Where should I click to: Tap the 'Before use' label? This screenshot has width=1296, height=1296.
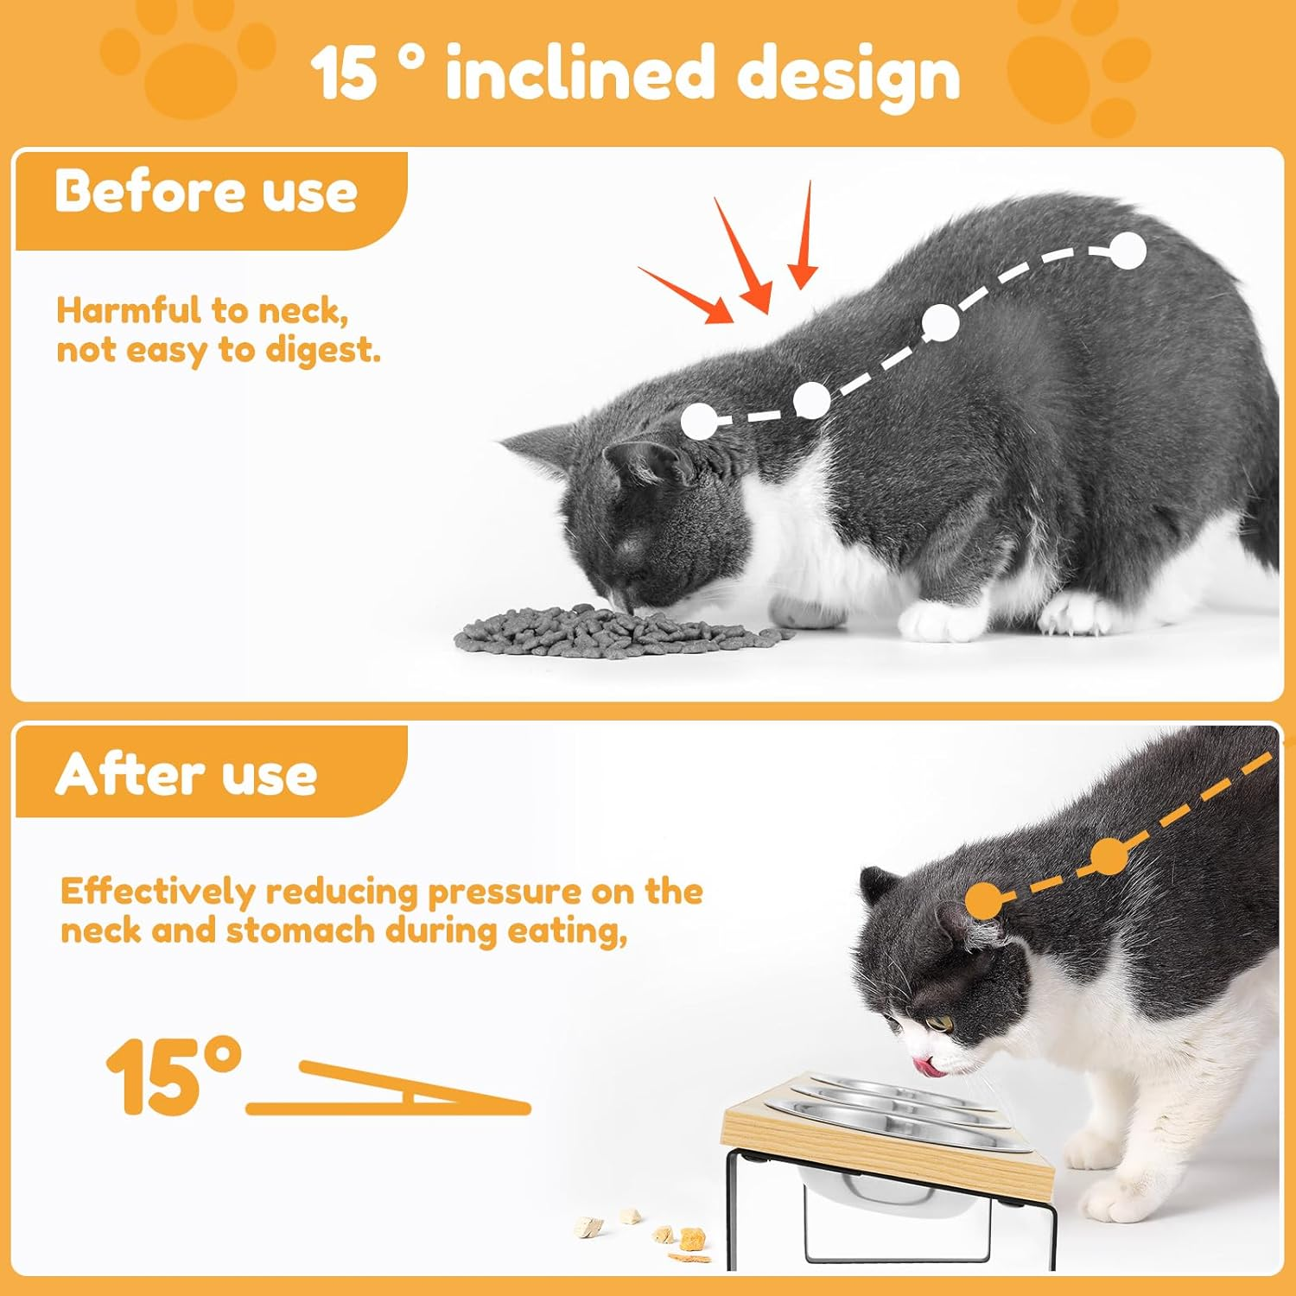pyautogui.click(x=206, y=192)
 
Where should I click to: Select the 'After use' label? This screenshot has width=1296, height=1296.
pyautogui.click(x=187, y=774)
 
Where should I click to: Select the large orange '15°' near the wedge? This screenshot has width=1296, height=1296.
pyautogui.click(x=173, y=1077)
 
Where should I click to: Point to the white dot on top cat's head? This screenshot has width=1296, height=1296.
pyautogui.click(x=699, y=422)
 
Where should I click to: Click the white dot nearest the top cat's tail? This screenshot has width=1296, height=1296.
pyautogui.click(x=1128, y=251)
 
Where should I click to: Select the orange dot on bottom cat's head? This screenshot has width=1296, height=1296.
pyautogui.click(x=985, y=901)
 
